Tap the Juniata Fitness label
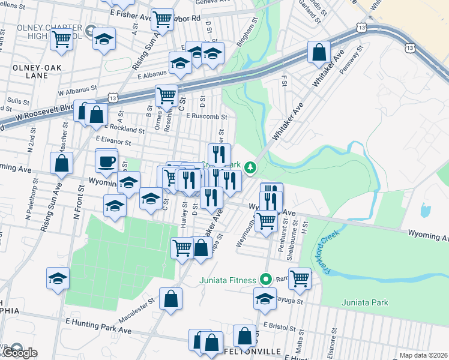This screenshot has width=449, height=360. pyautogui.click(x=228, y=280)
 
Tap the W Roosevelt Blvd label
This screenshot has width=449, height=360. pyautogui.click(x=45, y=111)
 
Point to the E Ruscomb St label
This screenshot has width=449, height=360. pyautogui.click(x=206, y=116)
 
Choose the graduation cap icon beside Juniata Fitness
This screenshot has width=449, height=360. pyautogui.click(x=265, y=298)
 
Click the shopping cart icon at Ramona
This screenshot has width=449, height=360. pyautogui.click(x=299, y=278)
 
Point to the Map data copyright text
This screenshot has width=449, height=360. pyautogui.click(x=423, y=355)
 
